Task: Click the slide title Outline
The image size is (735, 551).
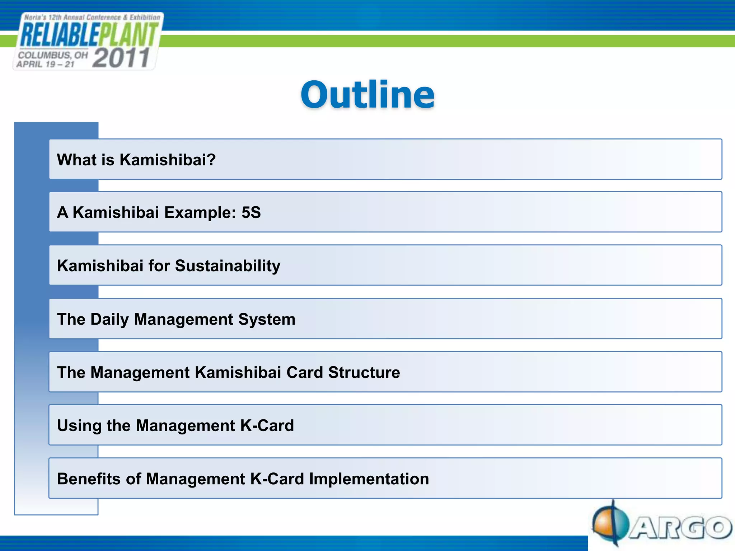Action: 367,95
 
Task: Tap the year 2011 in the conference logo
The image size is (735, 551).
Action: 121,58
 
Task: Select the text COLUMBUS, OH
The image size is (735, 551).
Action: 53,55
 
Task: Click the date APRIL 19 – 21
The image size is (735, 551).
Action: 45,65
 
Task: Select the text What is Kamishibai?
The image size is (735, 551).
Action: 136,160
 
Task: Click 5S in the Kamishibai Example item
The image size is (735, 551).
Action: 251,212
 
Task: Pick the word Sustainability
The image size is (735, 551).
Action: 228,266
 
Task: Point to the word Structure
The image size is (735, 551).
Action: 364,372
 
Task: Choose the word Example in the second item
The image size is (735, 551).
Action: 200,212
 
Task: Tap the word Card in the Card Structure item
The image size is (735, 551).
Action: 304,372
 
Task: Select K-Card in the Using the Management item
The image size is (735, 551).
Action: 267,426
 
